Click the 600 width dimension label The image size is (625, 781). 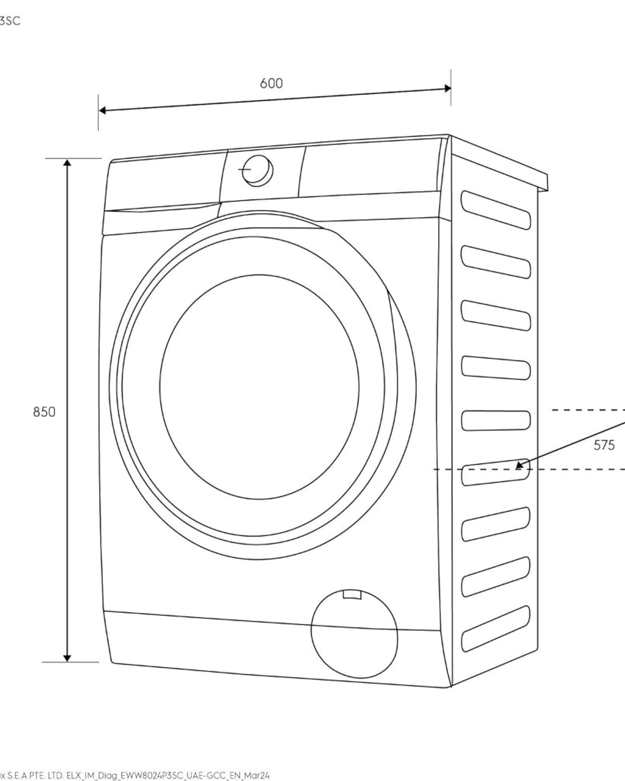(x=271, y=83)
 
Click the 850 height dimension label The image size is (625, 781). (x=44, y=412)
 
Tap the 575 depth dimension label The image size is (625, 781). (x=604, y=445)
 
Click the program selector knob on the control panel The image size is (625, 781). (x=257, y=170)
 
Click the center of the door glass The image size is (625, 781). (x=259, y=387)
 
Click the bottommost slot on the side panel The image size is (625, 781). (x=496, y=628)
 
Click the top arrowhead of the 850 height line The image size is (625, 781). (x=67, y=162)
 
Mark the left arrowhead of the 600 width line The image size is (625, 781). (x=102, y=110)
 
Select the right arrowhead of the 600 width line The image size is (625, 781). (x=448, y=88)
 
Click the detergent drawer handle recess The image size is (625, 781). (x=162, y=209)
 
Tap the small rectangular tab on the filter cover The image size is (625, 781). (x=351, y=595)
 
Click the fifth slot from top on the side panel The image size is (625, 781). (x=496, y=420)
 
